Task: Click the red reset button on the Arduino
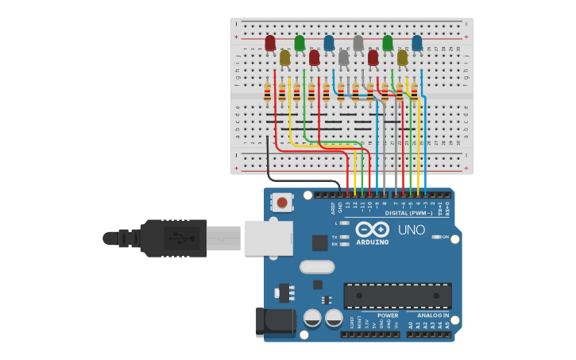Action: click(282, 203)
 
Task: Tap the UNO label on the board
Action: click(411, 230)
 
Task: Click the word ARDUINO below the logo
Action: click(373, 242)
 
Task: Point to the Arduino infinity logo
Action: click(373, 229)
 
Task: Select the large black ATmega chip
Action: click(397, 296)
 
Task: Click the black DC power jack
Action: click(274, 322)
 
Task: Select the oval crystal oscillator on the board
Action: click(317, 267)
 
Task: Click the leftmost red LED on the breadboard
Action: click(270, 42)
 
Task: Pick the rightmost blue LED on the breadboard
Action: click(417, 42)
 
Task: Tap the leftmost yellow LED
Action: click(284, 57)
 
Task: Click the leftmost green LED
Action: click(300, 42)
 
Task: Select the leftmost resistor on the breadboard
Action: click(268, 93)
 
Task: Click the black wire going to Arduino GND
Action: click(269, 163)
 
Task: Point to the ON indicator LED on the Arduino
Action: click(436, 237)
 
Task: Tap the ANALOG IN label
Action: click(433, 315)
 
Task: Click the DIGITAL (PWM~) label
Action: click(409, 213)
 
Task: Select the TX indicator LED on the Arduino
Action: click(345, 237)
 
